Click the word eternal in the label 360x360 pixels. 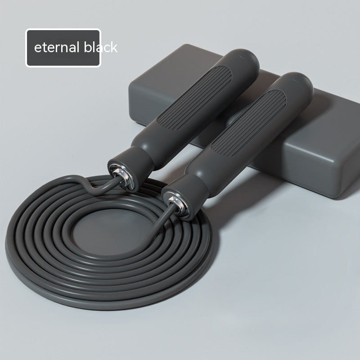point(57,47)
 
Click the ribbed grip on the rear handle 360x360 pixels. point(194,97)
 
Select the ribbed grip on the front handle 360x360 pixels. point(248,123)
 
